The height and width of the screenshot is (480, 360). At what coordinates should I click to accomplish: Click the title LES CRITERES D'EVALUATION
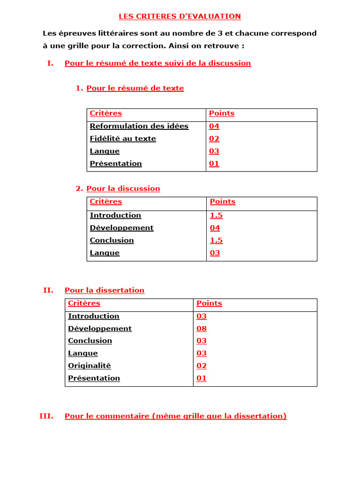tap(180, 16)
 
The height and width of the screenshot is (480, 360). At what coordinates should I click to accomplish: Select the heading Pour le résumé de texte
tap(135, 88)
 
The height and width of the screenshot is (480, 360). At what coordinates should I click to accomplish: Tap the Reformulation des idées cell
tap(139, 126)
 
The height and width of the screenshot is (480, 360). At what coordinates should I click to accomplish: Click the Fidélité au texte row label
tap(123, 139)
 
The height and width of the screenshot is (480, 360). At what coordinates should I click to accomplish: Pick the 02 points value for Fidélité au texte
tap(214, 139)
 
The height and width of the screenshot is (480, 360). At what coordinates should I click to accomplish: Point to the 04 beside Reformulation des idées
tap(214, 126)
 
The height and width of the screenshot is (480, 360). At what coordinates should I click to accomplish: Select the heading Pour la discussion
tap(123, 188)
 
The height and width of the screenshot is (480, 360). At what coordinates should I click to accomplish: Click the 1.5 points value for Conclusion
tap(216, 240)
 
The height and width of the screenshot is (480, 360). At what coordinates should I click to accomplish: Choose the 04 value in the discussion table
tap(215, 228)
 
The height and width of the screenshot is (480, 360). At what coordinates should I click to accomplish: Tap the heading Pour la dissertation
tap(105, 290)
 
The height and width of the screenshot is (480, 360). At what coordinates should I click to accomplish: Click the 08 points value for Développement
tap(202, 329)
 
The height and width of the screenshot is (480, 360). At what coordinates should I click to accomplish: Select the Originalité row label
tap(90, 366)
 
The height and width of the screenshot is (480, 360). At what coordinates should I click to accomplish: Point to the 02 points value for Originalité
tap(202, 366)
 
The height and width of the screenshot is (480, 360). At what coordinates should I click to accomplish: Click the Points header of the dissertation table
tap(209, 303)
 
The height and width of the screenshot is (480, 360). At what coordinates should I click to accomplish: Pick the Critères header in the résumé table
tap(106, 113)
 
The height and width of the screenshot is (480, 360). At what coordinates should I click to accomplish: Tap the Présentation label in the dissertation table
tap(94, 378)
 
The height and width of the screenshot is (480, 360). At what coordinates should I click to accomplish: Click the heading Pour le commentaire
tap(175, 416)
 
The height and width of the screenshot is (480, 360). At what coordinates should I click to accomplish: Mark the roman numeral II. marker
tap(48, 290)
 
